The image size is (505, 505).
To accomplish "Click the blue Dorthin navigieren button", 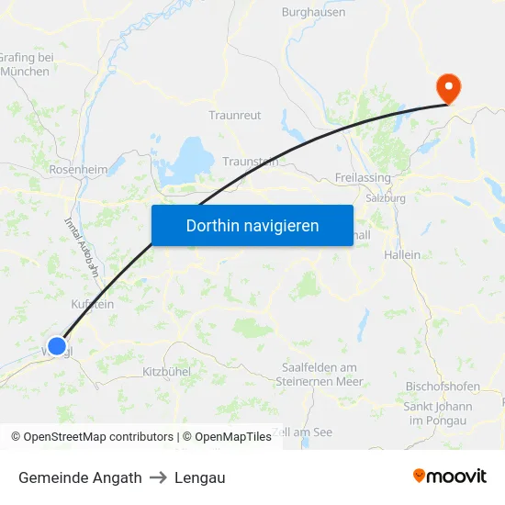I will click(252, 225).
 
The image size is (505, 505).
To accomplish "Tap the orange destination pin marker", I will click(449, 88).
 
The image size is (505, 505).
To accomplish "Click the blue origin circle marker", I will click(57, 346).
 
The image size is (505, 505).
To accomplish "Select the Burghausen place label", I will click(313, 13).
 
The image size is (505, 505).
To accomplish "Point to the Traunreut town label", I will click(235, 116).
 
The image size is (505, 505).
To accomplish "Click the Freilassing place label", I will click(363, 177).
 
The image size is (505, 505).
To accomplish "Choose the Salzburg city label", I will click(386, 197).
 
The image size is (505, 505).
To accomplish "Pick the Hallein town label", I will click(403, 254).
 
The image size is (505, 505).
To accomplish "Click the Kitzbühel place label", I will click(166, 372).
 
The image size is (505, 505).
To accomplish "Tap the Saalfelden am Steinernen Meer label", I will click(320, 375).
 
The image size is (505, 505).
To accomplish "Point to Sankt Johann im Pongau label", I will click(438, 413).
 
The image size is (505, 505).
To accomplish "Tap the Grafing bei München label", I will click(27, 64).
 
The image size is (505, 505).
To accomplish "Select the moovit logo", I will click(449, 476).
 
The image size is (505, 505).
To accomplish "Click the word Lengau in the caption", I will click(199, 477).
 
